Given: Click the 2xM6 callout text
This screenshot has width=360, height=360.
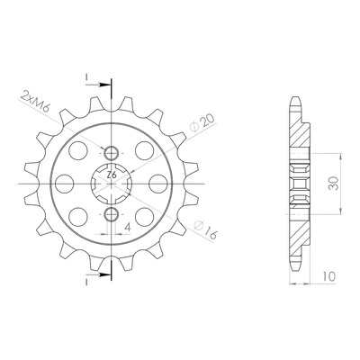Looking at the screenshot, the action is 34,101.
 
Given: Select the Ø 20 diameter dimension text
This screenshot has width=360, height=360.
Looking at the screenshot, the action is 203,123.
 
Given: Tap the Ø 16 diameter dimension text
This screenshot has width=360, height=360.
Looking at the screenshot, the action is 205,230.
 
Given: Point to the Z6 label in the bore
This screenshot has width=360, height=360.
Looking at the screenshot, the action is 112,175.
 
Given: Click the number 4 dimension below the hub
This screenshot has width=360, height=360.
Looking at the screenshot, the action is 128,228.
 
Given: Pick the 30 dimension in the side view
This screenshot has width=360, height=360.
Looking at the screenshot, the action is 333,184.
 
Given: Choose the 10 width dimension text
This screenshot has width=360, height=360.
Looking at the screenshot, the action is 328,276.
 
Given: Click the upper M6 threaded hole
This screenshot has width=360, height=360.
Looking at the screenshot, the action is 112,153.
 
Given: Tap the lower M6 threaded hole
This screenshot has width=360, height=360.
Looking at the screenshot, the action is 112,214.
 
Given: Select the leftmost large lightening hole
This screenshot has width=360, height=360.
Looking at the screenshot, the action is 65,184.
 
